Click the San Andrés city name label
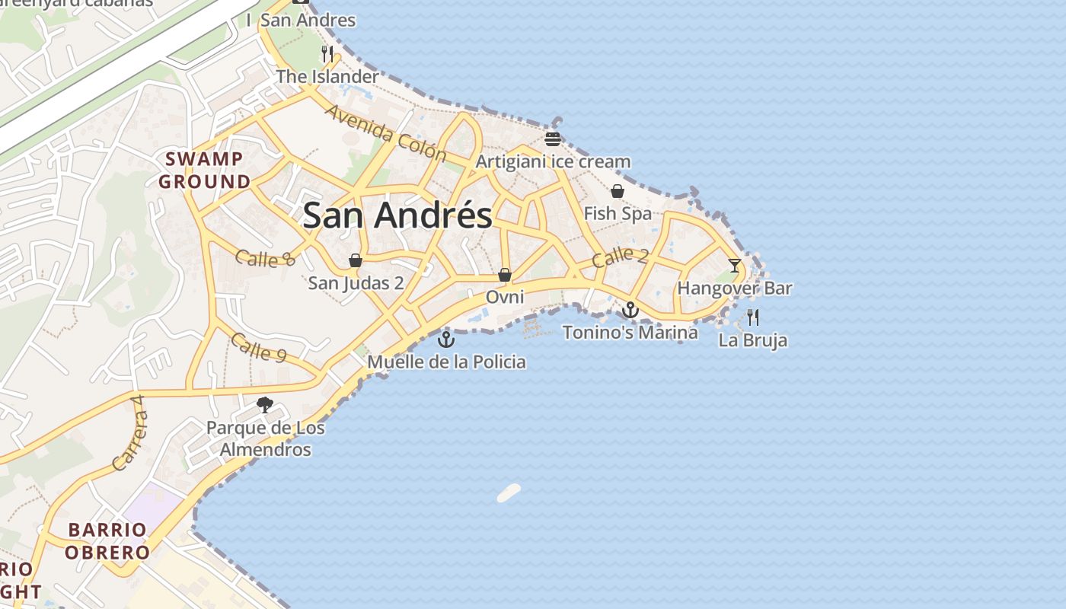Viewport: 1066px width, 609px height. tap(397, 215)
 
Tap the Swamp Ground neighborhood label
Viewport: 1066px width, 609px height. tap(204, 171)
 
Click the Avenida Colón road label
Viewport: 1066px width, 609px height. tap(385, 132)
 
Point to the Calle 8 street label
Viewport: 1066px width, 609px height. tap(265, 258)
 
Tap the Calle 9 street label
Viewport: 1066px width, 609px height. tap(258, 347)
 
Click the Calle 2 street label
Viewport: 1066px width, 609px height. tap(620, 257)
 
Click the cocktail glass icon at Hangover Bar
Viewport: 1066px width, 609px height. tap(734, 266)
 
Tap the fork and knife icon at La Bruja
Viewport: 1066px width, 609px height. tap(753, 317)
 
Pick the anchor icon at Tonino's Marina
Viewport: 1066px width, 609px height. tap(630, 310)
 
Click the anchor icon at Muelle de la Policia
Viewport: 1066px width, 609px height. tap(446, 339)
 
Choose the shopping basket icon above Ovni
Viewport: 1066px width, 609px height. tap(504, 275)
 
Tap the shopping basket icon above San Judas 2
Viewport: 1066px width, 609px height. tap(355, 260)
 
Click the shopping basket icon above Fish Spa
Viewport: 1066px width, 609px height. tap(618, 191)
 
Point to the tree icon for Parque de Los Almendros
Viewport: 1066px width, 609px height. tap(265, 405)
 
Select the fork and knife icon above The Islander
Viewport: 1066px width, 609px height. tap(327, 54)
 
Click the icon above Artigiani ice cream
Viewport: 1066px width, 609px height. tap(553, 139)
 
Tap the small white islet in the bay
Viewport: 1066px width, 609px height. tap(509, 493)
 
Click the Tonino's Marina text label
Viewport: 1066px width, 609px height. tap(630, 333)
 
